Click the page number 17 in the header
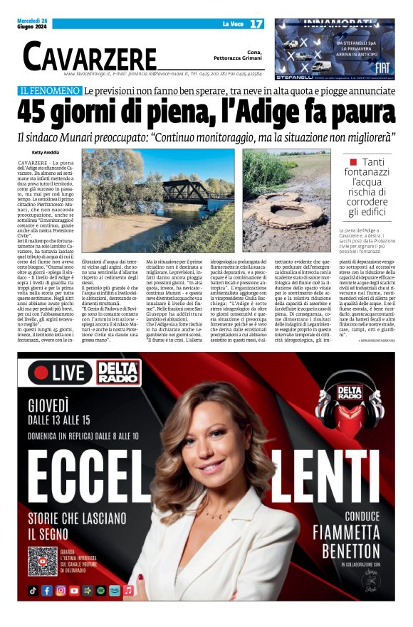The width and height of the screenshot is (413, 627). click(x=256, y=23)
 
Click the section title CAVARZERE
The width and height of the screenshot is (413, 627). click(x=89, y=56)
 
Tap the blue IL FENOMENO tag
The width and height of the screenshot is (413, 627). click(x=50, y=91)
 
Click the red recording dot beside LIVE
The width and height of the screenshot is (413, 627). click(x=42, y=373)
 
